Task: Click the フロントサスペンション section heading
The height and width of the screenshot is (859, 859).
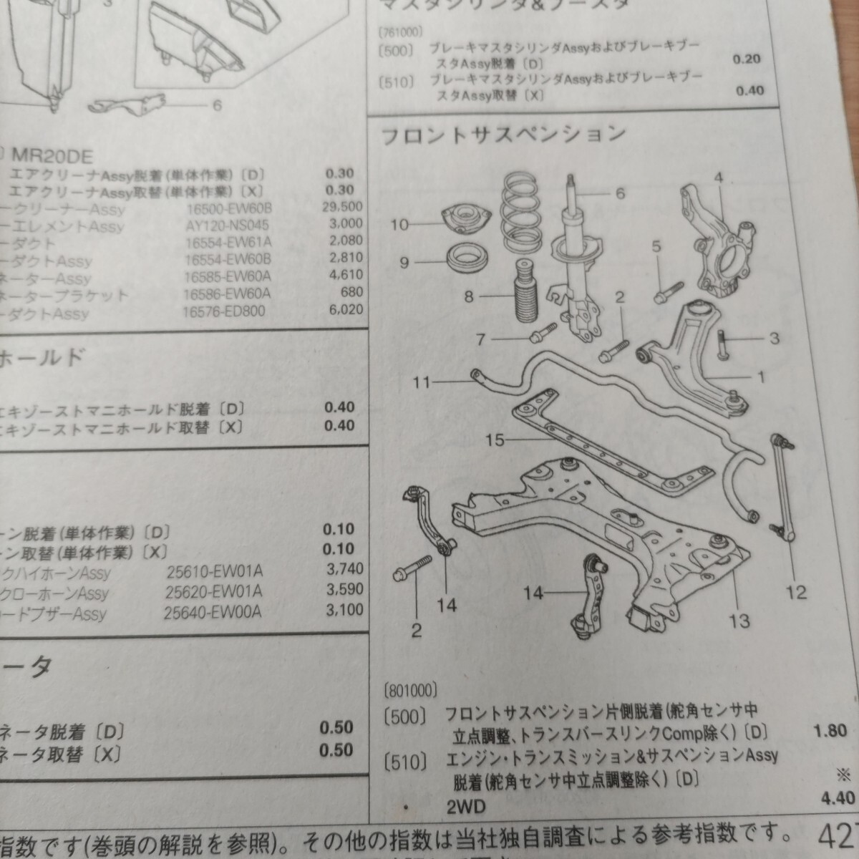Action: [503, 135]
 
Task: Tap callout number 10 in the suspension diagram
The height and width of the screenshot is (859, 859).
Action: [399, 225]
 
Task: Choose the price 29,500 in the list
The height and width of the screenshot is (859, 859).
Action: [342, 207]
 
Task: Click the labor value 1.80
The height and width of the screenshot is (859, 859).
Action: [830, 730]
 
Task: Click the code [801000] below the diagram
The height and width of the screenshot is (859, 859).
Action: [410, 691]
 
